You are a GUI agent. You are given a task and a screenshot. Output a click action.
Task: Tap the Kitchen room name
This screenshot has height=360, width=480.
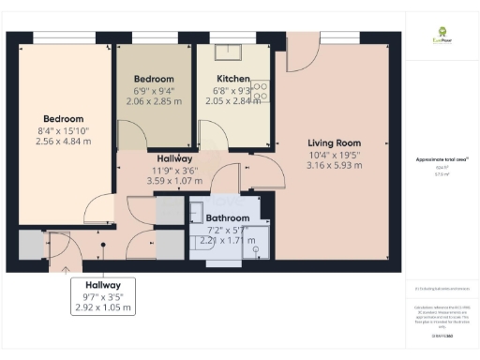click(232, 79)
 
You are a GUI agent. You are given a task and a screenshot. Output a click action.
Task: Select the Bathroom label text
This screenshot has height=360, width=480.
click(228, 217)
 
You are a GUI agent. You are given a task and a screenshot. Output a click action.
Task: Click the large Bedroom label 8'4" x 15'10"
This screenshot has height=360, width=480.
click(61, 119)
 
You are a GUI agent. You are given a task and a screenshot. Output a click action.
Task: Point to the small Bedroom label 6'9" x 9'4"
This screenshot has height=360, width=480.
click(154, 79)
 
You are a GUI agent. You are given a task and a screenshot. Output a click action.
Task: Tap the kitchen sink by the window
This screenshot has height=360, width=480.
click(229, 52)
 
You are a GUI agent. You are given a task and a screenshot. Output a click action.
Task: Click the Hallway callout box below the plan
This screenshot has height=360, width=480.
click(102, 295)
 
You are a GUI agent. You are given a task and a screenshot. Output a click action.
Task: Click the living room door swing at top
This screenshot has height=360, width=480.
click(300, 56)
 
